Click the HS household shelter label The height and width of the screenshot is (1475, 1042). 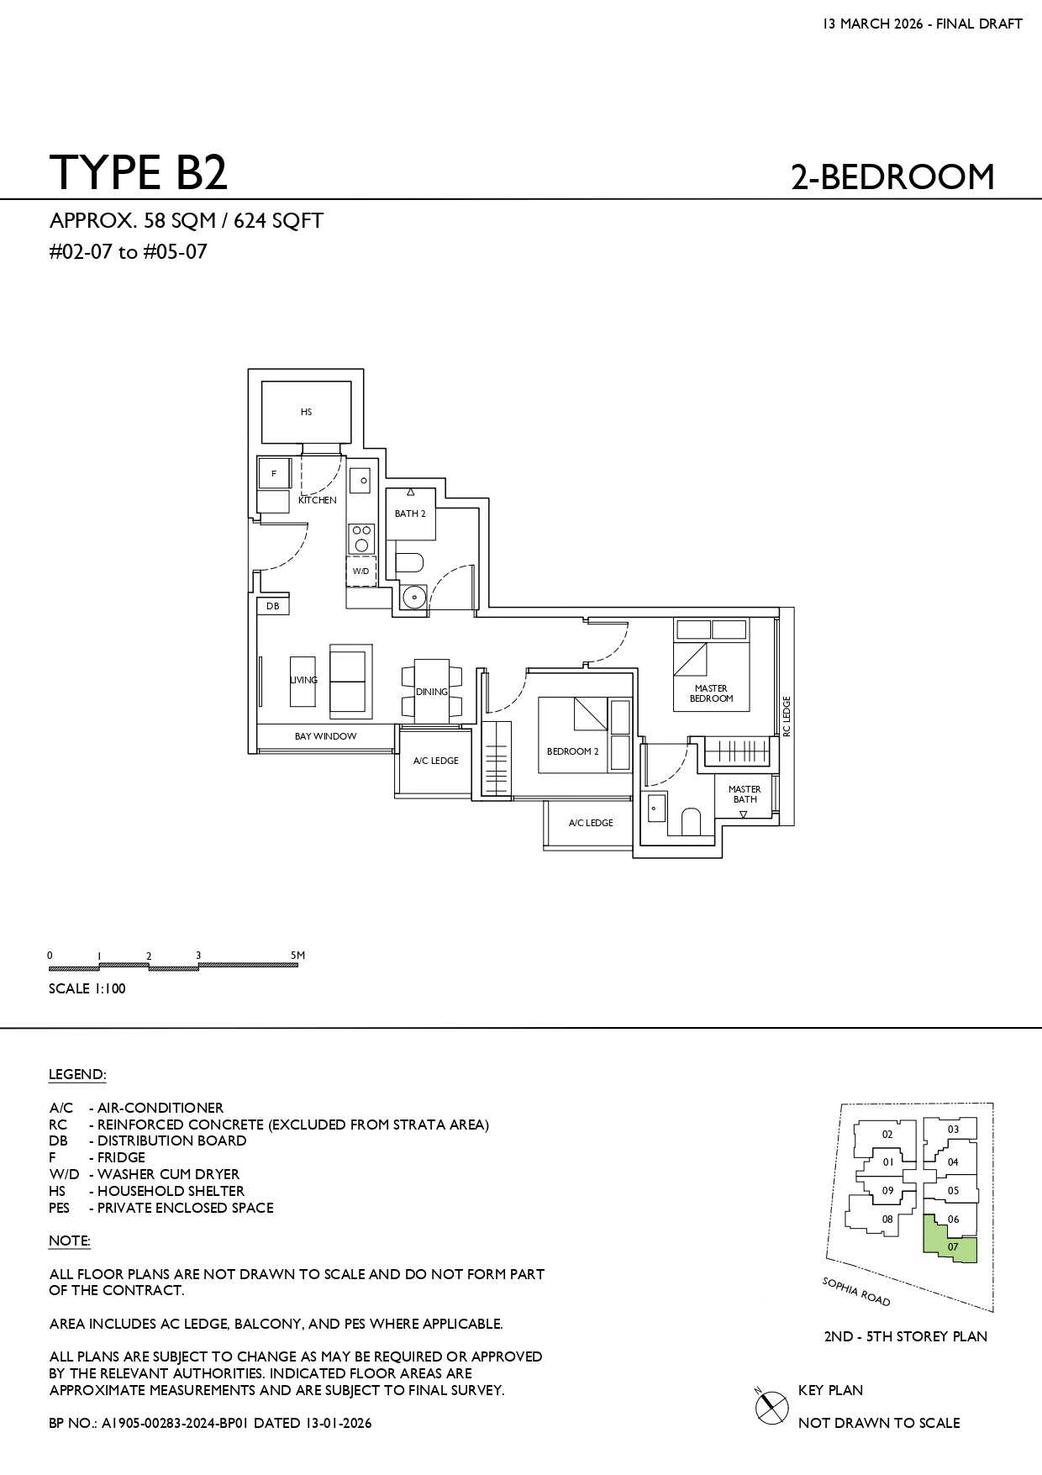306,412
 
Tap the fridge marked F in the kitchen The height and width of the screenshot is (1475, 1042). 274,474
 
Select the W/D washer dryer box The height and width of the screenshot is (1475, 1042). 360,571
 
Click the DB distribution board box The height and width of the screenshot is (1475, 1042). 273,606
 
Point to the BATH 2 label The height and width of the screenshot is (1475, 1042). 410,514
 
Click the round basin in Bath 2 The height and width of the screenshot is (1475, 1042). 413,597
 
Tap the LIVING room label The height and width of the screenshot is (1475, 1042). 304,680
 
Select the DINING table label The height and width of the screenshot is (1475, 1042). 432,692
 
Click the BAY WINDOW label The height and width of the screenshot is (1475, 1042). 325,736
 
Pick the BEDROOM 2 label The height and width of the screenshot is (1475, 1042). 573,751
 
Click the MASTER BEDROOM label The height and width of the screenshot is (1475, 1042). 711,693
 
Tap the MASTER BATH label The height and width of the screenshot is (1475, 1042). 745,794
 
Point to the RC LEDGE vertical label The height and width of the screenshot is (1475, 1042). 787,716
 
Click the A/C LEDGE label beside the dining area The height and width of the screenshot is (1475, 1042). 436,761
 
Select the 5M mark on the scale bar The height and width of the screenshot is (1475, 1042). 297,956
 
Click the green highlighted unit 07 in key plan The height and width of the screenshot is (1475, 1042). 950,1239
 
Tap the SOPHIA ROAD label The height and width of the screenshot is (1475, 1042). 855,1292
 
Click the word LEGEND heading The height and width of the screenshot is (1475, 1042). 77,1075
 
